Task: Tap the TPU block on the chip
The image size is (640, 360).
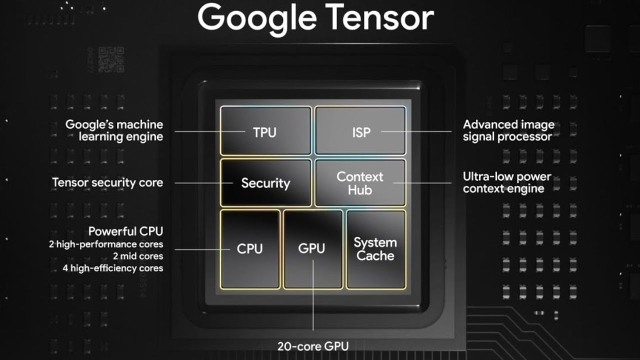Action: [265, 131]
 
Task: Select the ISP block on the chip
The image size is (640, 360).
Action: [360, 131]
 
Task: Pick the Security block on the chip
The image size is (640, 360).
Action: [265, 183]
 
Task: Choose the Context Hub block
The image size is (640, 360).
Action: [360, 183]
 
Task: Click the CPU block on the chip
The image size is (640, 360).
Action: [250, 249]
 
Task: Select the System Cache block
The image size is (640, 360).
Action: [375, 249]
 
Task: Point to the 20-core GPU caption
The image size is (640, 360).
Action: [313, 345]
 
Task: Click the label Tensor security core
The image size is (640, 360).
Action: [107, 182]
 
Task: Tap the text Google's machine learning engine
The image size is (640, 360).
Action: [114, 130]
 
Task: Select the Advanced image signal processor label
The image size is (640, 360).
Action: [508, 130]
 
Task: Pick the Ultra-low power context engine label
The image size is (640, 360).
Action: [506, 182]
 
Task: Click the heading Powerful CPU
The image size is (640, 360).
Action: [125, 231]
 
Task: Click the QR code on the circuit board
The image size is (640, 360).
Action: [111, 59]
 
